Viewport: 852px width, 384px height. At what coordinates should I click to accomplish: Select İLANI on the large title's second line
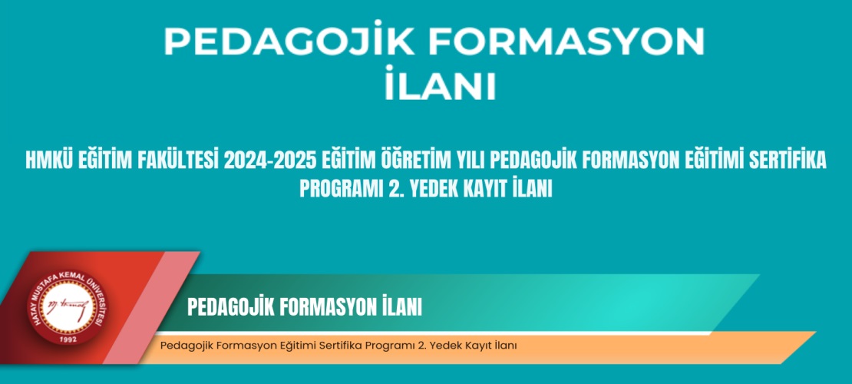coord(440,84)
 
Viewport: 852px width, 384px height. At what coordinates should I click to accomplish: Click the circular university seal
coord(68,308)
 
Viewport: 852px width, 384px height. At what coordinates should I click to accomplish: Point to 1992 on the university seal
coord(68,339)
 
